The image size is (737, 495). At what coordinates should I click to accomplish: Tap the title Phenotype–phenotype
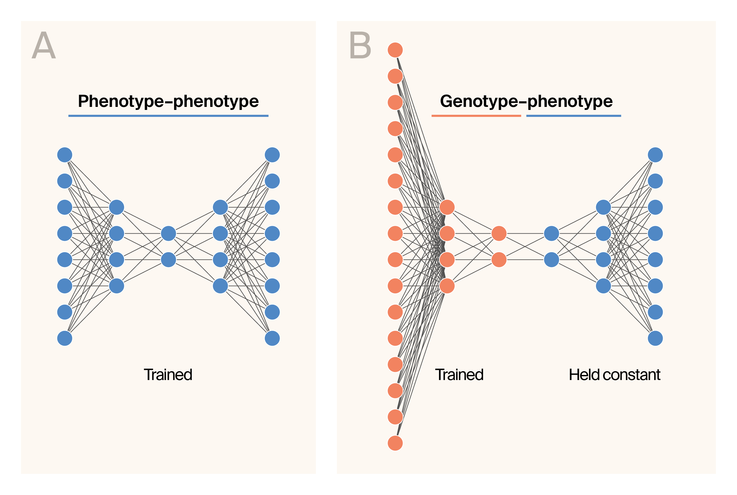click(x=168, y=101)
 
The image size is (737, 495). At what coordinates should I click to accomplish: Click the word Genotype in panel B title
click(x=479, y=101)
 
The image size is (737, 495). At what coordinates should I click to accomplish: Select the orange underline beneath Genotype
click(x=476, y=116)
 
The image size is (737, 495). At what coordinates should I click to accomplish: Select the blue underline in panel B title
click(x=574, y=116)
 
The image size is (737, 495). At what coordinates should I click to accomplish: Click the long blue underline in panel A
click(x=168, y=116)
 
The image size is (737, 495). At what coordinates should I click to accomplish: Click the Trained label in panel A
click(x=168, y=375)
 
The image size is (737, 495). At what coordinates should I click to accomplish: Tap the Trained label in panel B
click(x=459, y=375)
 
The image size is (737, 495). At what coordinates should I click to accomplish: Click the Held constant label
click(x=614, y=375)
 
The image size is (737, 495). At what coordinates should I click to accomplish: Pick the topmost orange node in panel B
click(x=395, y=50)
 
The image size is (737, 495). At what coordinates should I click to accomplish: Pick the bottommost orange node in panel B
click(x=395, y=443)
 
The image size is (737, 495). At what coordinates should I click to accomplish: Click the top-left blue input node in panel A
click(x=65, y=155)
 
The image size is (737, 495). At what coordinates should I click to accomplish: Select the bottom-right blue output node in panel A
click(x=272, y=338)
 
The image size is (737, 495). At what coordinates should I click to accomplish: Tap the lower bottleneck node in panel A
click(x=168, y=260)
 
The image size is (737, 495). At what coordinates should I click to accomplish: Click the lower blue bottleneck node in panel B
click(x=551, y=260)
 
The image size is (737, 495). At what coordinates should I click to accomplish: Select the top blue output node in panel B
click(x=655, y=155)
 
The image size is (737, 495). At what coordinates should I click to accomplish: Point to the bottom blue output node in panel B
click(x=655, y=338)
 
